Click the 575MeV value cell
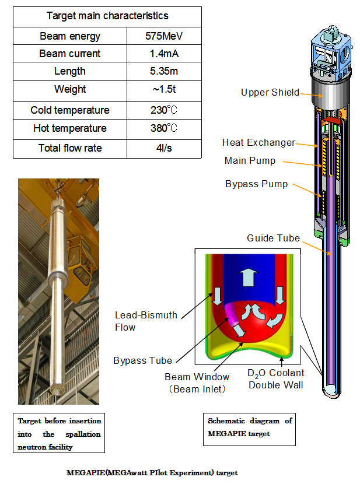[x=164, y=36]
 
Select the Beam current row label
[x=70, y=54]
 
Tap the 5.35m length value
[x=164, y=71]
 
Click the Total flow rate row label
[x=70, y=148]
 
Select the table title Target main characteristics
[x=107, y=16]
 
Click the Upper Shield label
[x=270, y=92]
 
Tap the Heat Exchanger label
[x=258, y=143]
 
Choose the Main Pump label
[x=250, y=161]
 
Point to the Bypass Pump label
[x=257, y=184]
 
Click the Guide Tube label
[x=273, y=238]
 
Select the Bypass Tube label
[x=142, y=360]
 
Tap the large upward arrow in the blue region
[x=249, y=277]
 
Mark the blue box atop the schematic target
[x=331, y=52]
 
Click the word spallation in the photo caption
[x=83, y=434]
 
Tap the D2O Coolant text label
[x=276, y=373]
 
